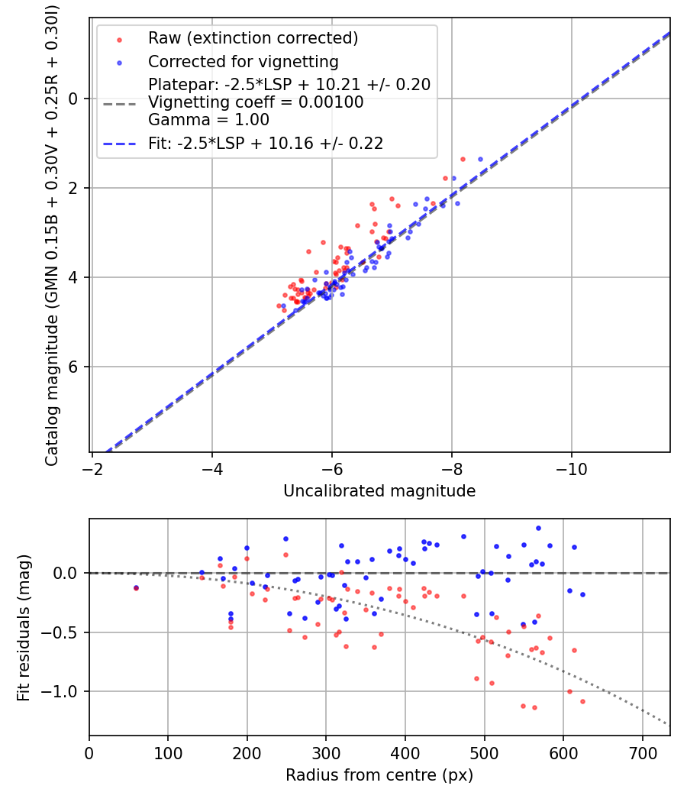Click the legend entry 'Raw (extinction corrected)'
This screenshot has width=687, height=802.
253,38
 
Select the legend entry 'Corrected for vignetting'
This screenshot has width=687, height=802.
244,61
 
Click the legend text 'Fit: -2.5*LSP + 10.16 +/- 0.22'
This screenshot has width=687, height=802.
266,143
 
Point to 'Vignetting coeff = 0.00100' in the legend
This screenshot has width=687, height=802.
256,102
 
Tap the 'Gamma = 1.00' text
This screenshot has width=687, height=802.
208,120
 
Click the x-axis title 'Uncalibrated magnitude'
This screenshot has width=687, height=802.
379,491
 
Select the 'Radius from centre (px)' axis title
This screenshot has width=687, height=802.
379,775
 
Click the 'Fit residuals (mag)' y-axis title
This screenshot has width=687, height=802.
24,626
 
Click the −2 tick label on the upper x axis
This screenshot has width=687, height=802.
92,468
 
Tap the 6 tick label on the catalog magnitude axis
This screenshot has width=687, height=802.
74,367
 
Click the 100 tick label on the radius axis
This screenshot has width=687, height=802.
168,752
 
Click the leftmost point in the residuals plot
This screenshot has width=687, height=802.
136,588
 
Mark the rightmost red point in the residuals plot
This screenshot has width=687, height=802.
582,701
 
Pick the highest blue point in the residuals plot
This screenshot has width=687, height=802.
538,528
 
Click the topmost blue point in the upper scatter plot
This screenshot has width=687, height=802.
480,159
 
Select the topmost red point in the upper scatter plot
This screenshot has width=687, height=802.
463,159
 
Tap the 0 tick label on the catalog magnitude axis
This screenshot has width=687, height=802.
74,99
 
